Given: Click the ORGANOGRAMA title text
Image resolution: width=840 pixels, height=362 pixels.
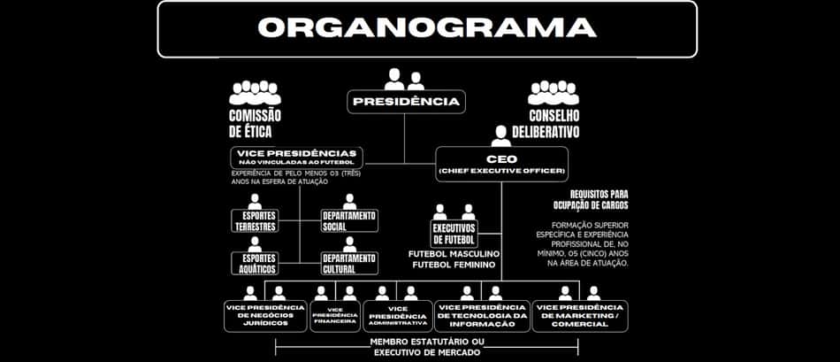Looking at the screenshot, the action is pyautogui.click(x=427, y=28).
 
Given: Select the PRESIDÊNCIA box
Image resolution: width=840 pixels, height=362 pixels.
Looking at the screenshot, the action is pyautogui.click(x=406, y=102).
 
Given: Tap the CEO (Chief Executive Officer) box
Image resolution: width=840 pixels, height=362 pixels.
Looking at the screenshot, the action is pyautogui.click(x=501, y=164).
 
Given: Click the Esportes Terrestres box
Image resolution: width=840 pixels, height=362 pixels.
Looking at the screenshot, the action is pyautogui.click(x=255, y=221).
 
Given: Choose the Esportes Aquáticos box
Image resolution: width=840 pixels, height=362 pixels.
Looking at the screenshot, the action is pyautogui.click(x=255, y=264).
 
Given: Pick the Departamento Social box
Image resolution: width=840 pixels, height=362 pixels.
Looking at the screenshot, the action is pyautogui.click(x=349, y=221).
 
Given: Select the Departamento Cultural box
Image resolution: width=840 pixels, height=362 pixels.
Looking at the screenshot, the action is pyautogui.click(x=349, y=264).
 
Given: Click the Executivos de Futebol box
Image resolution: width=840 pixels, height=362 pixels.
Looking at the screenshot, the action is pyautogui.click(x=454, y=234).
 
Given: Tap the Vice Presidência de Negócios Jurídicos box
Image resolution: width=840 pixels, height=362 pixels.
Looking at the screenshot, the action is pyautogui.click(x=265, y=316).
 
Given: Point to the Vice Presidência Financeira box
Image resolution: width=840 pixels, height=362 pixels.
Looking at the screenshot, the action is pyautogui.click(x=335, y=316).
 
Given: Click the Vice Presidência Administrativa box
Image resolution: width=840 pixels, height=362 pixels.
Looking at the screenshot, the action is pyautogui.click(x=398, y=316).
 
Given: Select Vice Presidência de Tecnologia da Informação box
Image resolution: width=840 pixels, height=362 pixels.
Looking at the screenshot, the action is pyautogui.click(x=482, y=316).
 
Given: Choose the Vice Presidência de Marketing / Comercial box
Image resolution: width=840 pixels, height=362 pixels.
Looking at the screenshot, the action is pyautogui.click(x=580, y=316).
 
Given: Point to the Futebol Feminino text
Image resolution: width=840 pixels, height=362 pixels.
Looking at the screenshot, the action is pyautogui.click(x=454, y=265).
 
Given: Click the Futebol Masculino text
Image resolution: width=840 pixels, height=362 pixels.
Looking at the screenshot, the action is pyautogui.click(x=454, y=253).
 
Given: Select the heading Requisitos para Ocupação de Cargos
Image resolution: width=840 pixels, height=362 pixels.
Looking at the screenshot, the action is pyautogui.click(x=592, y=199).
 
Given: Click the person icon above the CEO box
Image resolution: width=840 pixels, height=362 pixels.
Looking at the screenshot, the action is pyautogui.click(x=501, y=136).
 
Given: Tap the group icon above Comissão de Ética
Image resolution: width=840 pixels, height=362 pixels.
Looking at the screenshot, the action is pyautogui.click(x=255, y=93).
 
